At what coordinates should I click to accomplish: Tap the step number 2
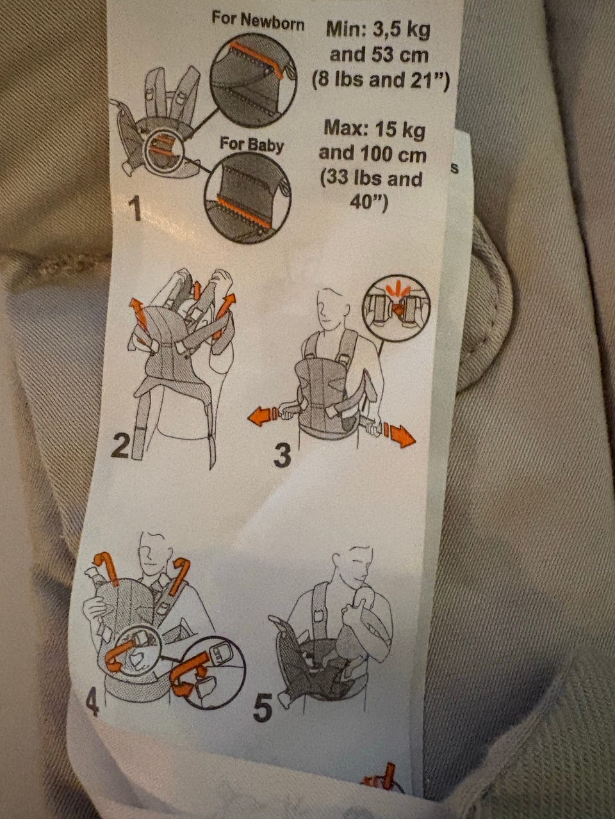point(120,445)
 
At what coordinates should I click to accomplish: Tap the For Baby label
point(252,145)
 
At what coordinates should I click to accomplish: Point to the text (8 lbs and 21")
point(381,80)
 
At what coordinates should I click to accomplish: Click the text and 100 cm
point(372,154)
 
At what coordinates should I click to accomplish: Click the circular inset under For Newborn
point(253,79)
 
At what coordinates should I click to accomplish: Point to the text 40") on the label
point(369,202)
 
